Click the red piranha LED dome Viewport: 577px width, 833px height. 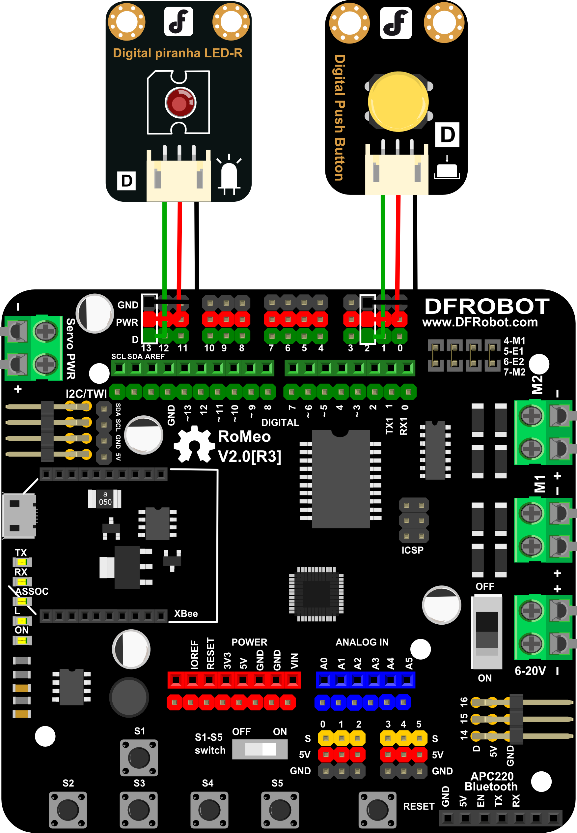180,103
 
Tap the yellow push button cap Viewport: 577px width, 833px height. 398,102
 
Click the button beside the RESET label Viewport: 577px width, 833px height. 377,810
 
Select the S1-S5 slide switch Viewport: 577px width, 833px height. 260,749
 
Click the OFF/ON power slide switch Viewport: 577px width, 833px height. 487,632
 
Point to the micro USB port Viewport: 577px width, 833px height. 19,515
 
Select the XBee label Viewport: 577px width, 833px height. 186,614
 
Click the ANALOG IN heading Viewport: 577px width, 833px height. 362,642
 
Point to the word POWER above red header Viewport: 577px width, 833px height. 249,642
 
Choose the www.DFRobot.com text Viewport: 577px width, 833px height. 480,322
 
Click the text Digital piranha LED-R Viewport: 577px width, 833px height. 178,53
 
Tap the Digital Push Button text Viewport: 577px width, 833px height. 340,117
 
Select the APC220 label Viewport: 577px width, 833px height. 492,776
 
